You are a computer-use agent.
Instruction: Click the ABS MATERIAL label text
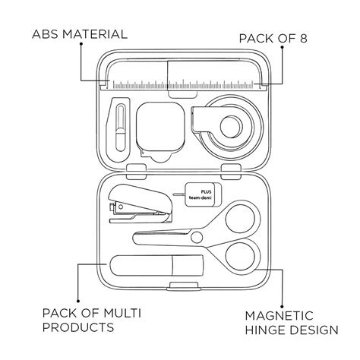click(80, 34)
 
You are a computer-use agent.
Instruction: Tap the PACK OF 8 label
click(273, 39)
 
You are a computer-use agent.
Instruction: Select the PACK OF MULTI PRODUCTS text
click(91, 320)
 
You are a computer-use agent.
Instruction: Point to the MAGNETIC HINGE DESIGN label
click(292, 323)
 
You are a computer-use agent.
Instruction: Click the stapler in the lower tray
click(141, 204)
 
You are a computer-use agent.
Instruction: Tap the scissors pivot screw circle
click(197, 237)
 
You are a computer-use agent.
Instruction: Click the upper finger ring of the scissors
click(243, 219)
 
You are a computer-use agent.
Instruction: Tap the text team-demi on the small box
click(200, 197)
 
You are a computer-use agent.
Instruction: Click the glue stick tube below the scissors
click(156, 265)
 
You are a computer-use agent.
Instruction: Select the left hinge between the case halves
click(136, 172)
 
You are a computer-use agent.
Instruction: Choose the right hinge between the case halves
click(231, 172)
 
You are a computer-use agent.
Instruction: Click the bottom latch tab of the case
click(184, 286)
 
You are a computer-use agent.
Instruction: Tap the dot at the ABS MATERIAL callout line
click(81, 44)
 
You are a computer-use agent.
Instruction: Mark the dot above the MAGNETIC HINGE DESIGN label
click(282, 307)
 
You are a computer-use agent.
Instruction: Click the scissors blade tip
click(134, 238)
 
